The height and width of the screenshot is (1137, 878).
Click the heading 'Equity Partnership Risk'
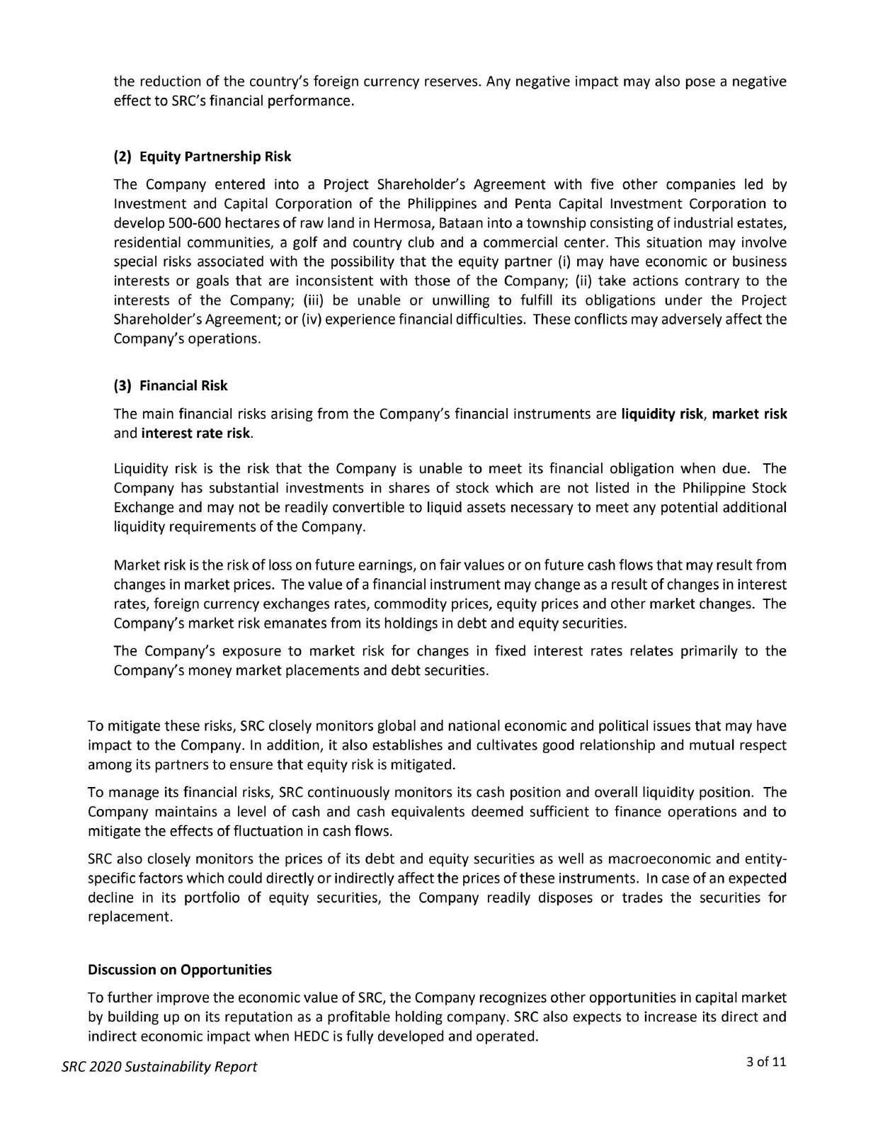215,156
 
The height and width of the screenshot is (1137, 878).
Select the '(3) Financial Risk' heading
171,385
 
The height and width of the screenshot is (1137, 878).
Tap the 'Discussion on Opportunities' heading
179,969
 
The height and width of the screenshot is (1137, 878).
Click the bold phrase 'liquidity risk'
662,414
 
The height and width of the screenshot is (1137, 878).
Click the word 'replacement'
128,917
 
